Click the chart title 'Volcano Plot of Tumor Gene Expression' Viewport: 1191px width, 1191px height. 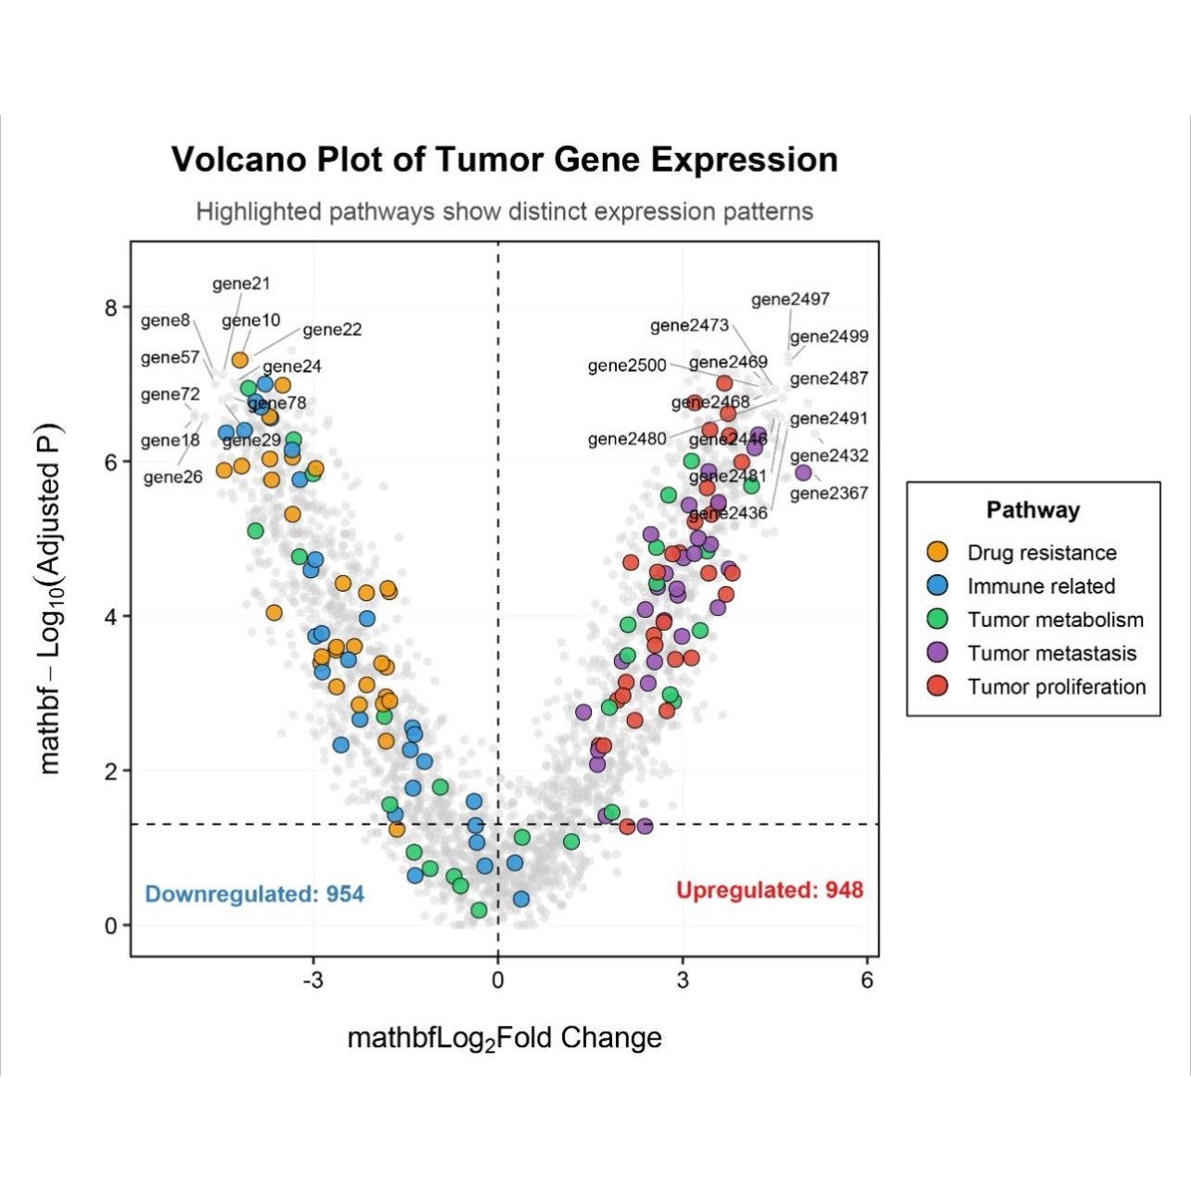click(x=505, y=160)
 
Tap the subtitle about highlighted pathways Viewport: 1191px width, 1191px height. click(x=505, y=211)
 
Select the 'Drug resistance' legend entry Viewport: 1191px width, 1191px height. click(x=1041, y=553)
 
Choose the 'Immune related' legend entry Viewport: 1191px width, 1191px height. click(x=1040, y=586)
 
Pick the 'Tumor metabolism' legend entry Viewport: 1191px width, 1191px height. click(x=1055, y=620)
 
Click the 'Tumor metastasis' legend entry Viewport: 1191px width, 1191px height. click(x=1051, y=653)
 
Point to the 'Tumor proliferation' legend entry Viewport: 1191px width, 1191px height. click(x=1056, y=686)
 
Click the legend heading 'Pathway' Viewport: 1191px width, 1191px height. click(x=1032, y=510)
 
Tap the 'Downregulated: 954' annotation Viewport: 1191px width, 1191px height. click(x=255, y=894)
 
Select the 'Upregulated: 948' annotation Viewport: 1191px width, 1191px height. click(x=769, y=890)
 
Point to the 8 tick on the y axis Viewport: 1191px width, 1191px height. click(x=111, y=308)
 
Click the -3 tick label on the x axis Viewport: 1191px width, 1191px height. click(x=313, y=980)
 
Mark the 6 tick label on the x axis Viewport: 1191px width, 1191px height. click(x=867, y=980)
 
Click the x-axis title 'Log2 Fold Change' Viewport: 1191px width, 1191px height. click(x=505, y=1037)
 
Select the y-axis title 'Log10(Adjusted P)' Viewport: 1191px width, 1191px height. click(x=50, y=598)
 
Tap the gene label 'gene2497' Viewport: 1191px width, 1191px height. click(x=790, y=299)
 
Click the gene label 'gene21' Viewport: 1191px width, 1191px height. click(x=241, y=284)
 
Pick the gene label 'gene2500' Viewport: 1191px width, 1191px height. click(x=627, y=365)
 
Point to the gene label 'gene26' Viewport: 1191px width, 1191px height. click(x=173, y=478)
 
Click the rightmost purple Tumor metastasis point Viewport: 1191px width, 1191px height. click(x=803, y=473)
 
